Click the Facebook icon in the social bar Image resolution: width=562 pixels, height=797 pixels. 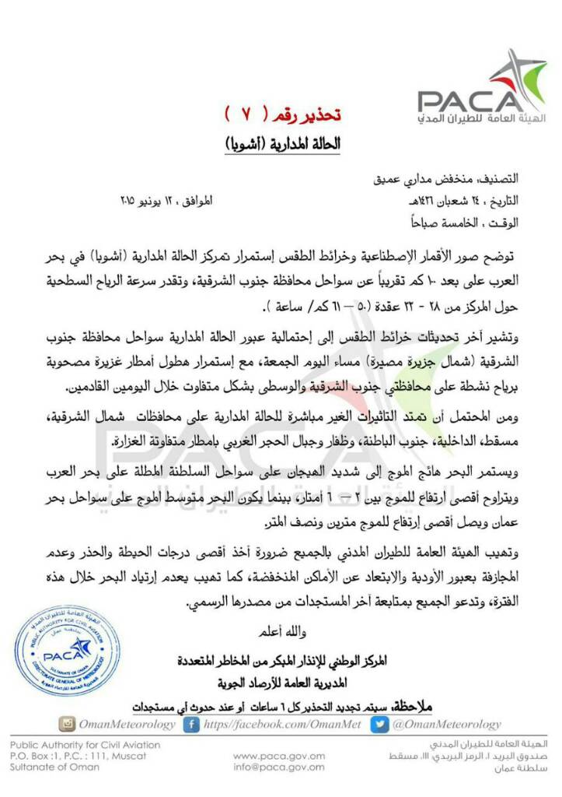[x=190, y=724]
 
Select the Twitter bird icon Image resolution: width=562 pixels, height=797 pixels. [x=379, y=724]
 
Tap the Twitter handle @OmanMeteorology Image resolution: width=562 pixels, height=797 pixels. [x=445, y=725]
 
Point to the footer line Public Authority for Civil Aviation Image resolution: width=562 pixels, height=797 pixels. [x=86, y=745]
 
